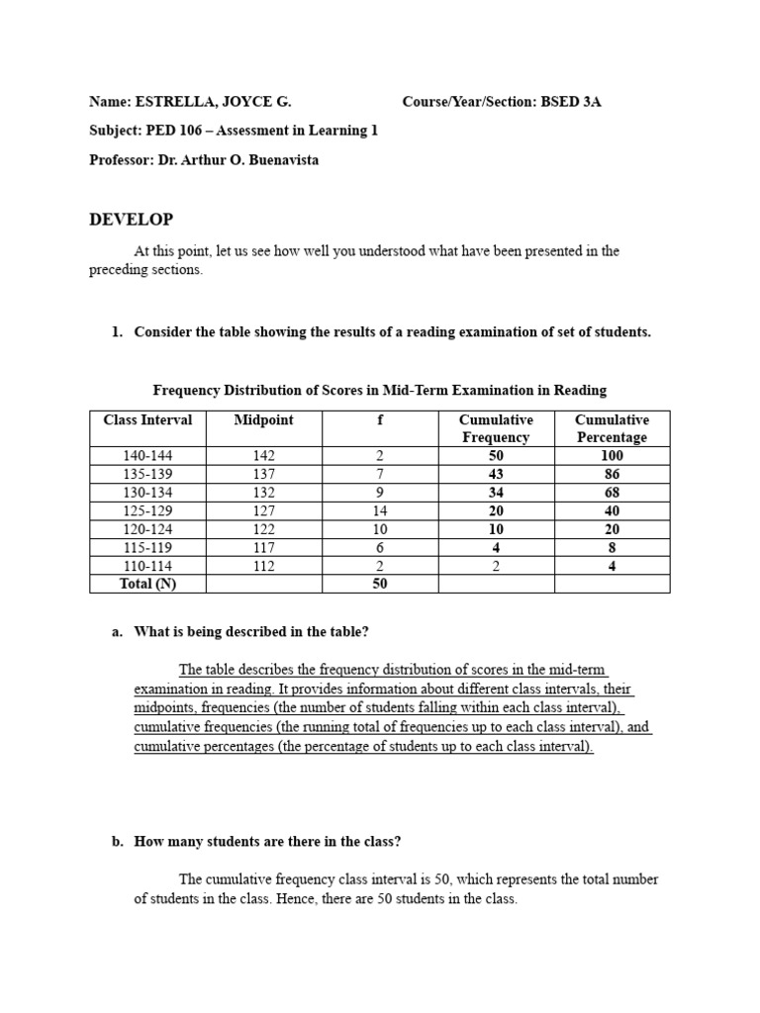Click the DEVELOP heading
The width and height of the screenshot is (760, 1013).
coord(131,220)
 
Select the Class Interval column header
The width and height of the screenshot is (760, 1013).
coord(147,420)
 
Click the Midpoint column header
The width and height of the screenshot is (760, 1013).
coord(263,420)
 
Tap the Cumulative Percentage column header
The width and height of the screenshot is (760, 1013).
coord(612,428)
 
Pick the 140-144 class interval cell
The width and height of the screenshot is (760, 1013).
coord(147,456)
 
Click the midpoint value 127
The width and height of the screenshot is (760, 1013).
coord(263,511)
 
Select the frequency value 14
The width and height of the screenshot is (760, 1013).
coord(380,511)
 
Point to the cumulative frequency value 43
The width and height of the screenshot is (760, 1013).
coord(496,475)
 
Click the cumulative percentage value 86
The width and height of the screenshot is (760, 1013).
coord(612,475)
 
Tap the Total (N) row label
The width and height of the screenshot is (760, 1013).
coord(147,584)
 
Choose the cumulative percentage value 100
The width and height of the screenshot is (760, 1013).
coord(612,456)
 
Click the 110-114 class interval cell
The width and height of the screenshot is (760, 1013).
coord(147,566)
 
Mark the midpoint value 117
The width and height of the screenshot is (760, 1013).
coord(263,548)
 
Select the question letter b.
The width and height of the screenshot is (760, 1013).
coord(117,842)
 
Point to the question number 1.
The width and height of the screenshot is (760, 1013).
coord(117,332)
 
